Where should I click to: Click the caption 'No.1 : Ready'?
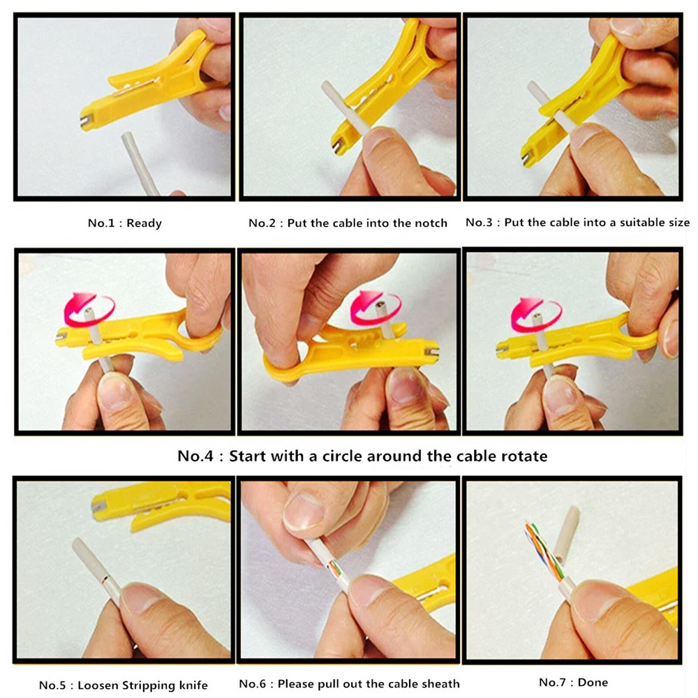125,223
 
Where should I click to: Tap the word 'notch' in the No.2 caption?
431,223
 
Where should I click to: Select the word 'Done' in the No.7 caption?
593,683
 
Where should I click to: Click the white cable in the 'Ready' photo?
140,163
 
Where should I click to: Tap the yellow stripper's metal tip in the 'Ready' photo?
87,121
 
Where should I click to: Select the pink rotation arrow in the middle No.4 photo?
376,306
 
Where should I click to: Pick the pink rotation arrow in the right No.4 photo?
535,314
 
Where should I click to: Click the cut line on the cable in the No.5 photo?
105,579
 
